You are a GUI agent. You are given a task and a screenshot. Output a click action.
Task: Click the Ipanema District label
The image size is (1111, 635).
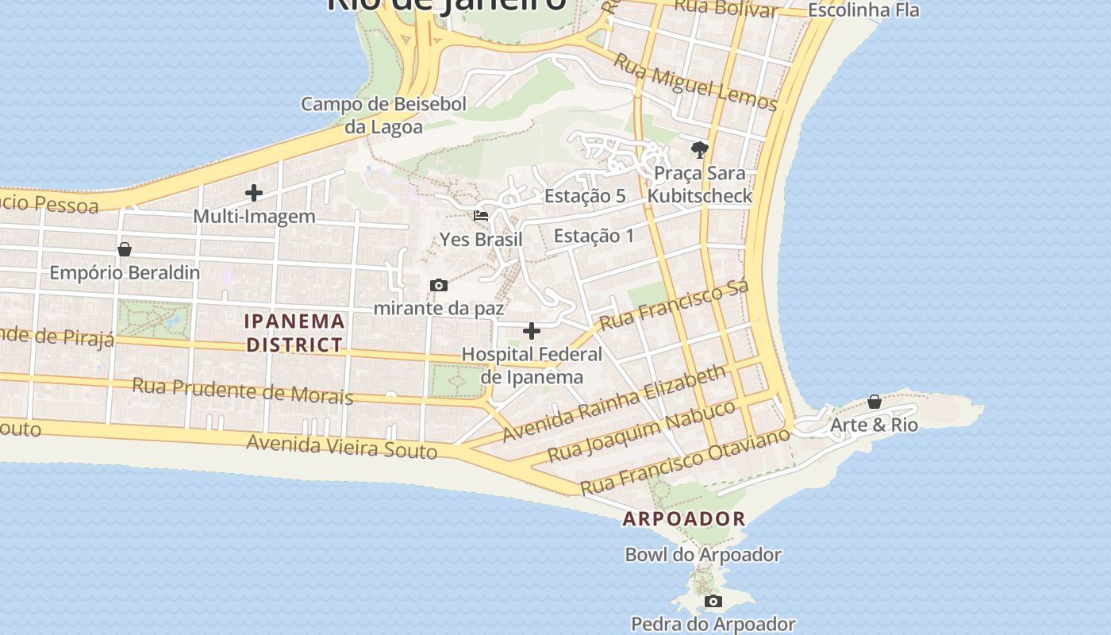[x=294, y=333]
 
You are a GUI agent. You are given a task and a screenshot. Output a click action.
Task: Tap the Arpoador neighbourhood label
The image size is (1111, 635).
[x=684, y=519]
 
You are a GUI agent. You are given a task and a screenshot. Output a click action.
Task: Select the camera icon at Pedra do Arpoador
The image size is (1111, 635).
[x=713, y=602]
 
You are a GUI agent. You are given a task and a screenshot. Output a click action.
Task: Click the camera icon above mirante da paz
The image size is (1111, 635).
[x=438, y=286]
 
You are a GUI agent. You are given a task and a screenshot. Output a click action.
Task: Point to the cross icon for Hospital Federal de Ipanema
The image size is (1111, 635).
[x=532, y=331]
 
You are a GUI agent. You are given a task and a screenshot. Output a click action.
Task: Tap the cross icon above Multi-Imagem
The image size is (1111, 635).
[x=254, y=193]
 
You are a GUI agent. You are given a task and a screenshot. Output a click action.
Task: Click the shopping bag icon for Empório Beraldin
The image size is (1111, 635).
[x=125, y=249]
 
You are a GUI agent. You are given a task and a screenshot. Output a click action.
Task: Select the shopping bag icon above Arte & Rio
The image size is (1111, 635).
[x=874, y=402]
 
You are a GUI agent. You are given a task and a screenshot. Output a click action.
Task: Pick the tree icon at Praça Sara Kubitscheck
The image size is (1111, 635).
[x=699, y=149]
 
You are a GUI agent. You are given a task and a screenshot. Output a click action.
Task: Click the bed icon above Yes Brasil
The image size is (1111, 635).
[x=481, y=215]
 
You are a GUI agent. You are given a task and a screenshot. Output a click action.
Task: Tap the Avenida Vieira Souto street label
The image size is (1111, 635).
[x=341, y=446]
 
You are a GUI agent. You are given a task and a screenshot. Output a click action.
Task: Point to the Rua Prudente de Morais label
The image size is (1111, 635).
[x=242, y=391]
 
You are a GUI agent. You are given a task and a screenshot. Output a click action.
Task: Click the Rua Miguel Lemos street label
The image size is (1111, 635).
[x=696, y=84]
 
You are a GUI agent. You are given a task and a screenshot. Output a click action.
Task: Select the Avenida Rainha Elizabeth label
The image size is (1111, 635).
[x=614, y=403]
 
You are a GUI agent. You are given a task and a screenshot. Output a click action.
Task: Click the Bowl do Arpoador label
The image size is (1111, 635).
[x=703, y=555]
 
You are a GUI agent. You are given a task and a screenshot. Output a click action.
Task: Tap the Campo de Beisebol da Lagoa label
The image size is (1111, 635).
[x=383, y=115]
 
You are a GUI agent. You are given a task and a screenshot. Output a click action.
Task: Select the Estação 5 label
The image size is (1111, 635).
[x=585, y=196]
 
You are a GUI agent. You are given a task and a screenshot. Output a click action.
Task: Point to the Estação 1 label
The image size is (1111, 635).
[x=594, y=236]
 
